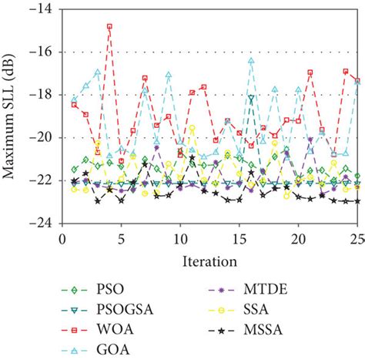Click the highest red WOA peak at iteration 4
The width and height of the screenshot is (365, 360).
109,26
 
